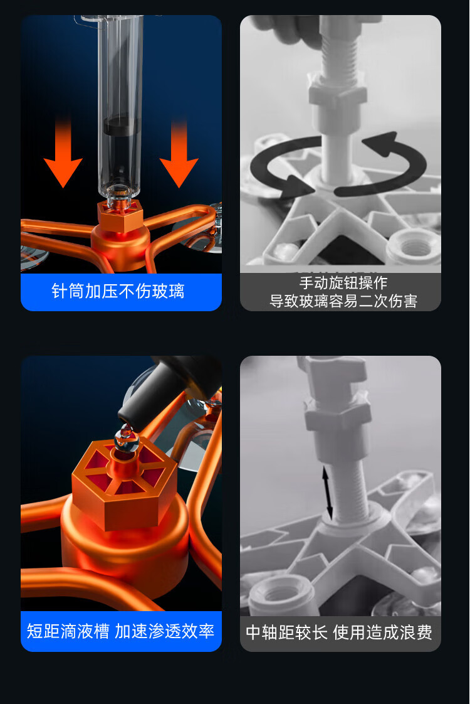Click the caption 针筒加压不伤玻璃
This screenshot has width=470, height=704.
[118, 291]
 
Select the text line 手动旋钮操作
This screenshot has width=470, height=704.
[343, 283]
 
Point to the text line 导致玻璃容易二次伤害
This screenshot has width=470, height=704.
[343, 301]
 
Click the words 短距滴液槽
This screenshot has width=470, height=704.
[68, 631]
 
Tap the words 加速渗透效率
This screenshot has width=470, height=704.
[165, 631]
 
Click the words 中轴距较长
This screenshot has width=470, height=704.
[287, 632]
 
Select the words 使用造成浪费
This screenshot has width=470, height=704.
[382, 632]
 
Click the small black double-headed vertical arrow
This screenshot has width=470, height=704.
[328, 493]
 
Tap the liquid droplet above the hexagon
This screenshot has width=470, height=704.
[127, 440]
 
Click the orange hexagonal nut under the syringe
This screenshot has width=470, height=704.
[120, 215]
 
